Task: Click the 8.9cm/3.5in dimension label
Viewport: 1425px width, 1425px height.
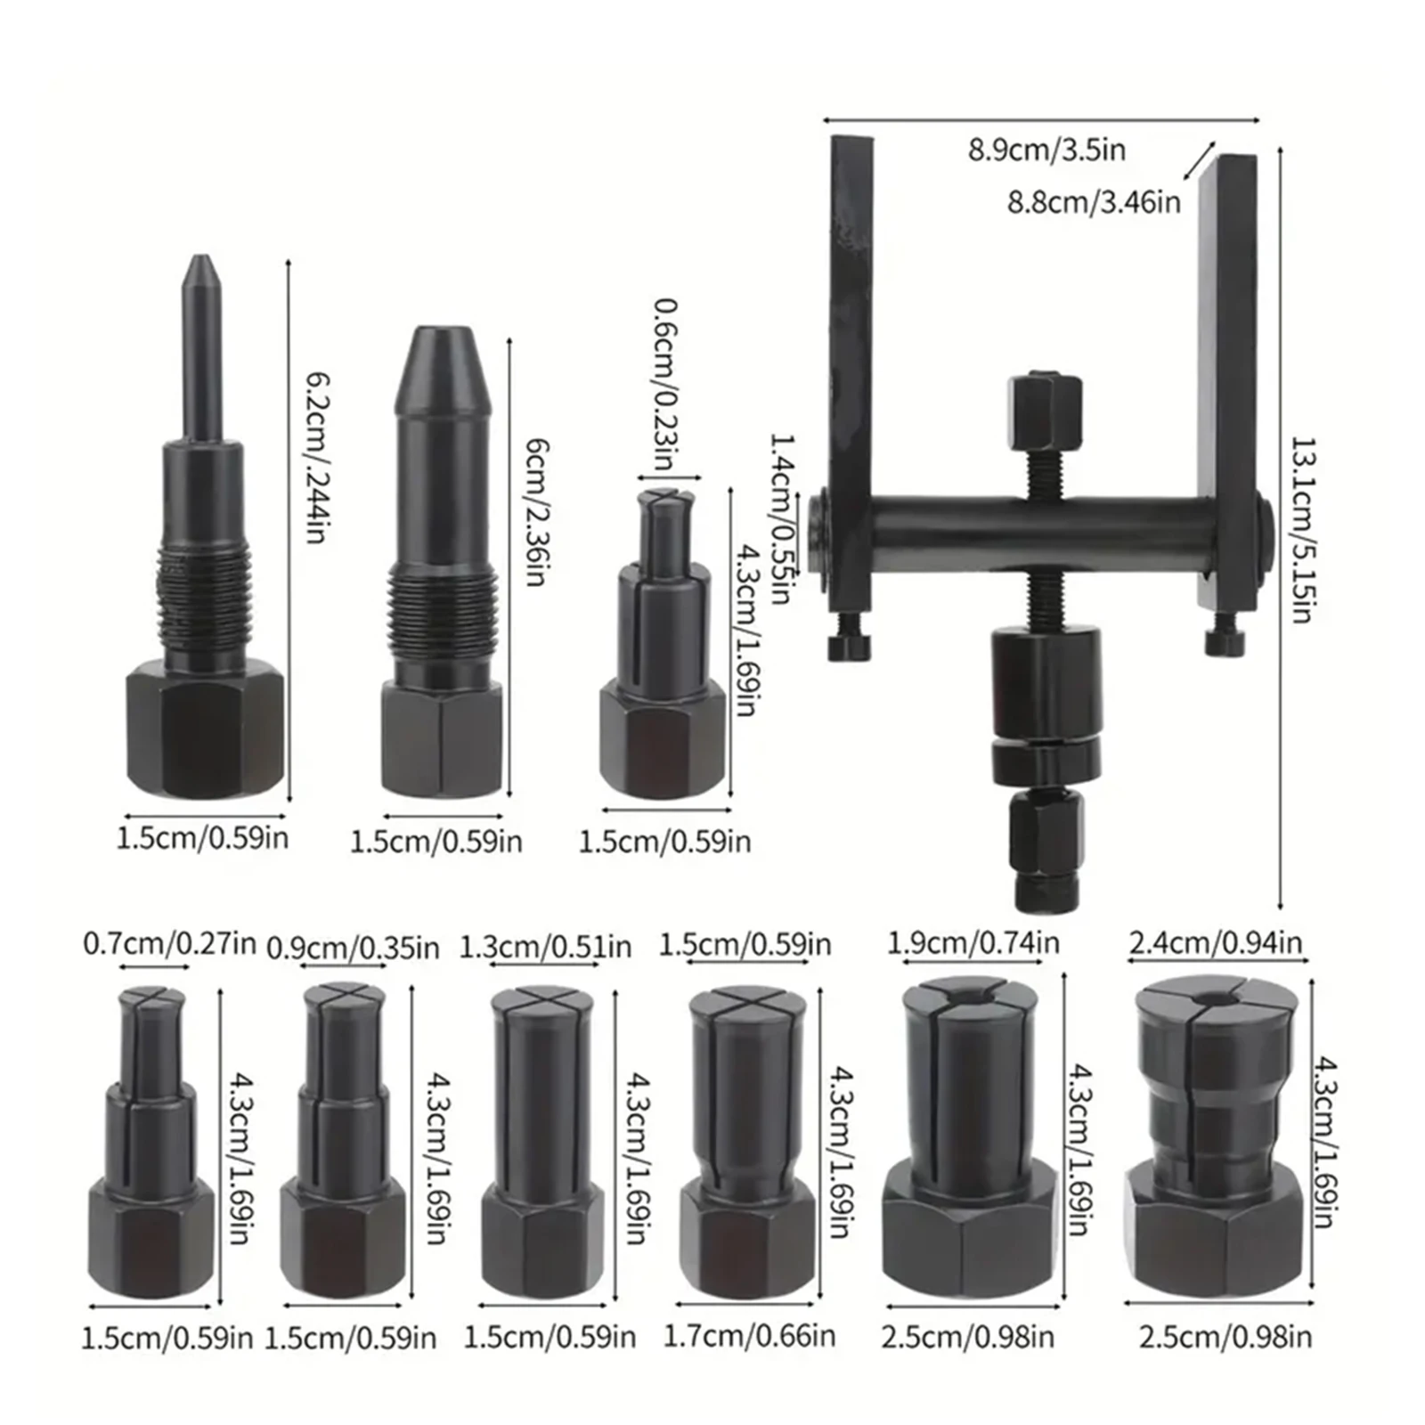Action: click(1046, 150)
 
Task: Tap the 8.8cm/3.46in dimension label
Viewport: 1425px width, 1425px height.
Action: click(1094, 203)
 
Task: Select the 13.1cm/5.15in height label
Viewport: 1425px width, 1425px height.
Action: click(1302, 529)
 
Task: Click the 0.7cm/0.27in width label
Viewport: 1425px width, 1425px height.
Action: click(169, 942)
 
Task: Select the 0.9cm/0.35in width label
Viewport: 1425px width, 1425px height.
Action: click(354, 949)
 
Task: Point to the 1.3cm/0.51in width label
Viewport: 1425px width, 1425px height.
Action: click(545, 947)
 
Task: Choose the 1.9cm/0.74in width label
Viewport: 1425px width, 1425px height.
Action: click(973, 942)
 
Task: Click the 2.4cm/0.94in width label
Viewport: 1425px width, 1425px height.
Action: click(1215, 942)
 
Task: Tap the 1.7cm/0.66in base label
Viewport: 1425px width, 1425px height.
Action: click(749, 1335)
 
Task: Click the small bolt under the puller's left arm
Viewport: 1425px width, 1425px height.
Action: click(848, 645)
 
